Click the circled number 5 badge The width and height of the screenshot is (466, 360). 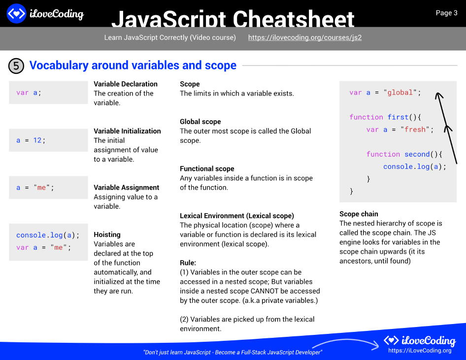point(16,65)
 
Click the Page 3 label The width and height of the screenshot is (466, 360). point(446,13)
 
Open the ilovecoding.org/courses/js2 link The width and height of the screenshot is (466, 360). point(304,37)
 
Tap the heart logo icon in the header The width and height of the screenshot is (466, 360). point(16,14)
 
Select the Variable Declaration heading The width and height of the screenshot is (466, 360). point(126,84)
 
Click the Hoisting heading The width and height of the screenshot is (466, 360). point(107,234)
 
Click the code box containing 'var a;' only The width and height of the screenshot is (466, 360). point(48,93)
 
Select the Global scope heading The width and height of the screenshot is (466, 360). point(200,122)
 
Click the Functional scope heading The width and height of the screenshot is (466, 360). point(207,168)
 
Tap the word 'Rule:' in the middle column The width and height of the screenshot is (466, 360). point(188,262)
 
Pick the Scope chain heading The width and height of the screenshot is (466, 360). point(359,214)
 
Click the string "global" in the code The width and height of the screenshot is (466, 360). point(400,93)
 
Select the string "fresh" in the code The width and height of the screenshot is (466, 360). point(415,130)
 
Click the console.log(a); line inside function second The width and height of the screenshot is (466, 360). point(414,166)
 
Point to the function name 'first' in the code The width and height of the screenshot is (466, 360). point(398,117)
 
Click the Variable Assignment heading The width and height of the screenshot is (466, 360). point(126,187)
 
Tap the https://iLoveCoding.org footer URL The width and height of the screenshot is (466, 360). point(420,350)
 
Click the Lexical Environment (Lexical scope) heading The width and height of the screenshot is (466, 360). point(236,216)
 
